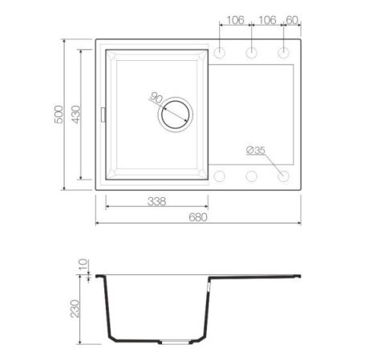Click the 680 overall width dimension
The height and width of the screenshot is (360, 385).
tap(198, 217)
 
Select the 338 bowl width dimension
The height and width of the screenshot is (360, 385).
tap(156, 201)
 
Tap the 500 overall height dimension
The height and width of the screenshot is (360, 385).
tap(59, 115)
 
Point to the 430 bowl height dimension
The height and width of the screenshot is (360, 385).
tap(76, 115)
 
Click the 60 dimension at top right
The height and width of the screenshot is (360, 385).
tap(292, 20)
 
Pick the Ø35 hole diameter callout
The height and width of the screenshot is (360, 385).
tap(256, 150)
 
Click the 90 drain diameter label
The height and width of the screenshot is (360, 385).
tap(156, 98)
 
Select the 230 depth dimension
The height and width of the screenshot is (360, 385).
tap(75, 309)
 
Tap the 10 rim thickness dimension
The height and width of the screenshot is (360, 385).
tap(83, 264)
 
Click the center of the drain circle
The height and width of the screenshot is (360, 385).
tap(176, 115)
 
